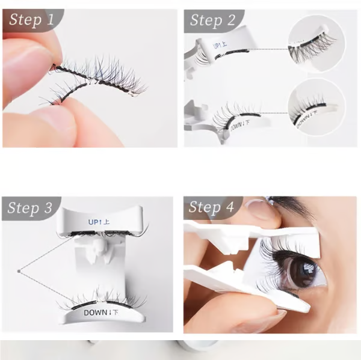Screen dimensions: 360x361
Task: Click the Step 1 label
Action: [x=32, y=20]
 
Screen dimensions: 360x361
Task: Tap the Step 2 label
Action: [x=212, y=20]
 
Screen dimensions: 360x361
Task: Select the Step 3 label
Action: [x=31, y=209]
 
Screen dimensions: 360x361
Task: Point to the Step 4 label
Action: [x=211, y=207]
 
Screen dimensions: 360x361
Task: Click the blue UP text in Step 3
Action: [x=99, y=222]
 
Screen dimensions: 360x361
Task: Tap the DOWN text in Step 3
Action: [x=104, y=313]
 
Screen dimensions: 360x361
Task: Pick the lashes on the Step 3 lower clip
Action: [x=96, y=299]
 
